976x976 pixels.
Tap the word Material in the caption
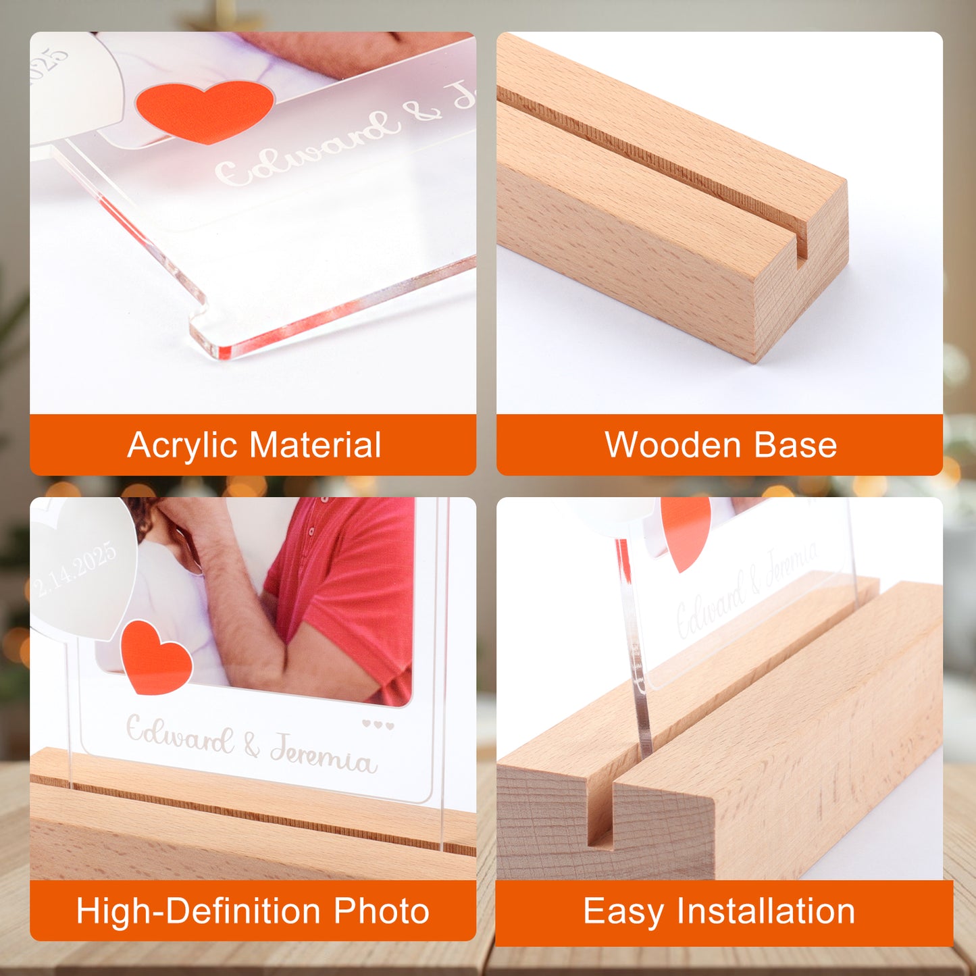[315, 445]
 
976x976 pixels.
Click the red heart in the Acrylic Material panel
[204, 109]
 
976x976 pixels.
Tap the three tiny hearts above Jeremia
[378, 725]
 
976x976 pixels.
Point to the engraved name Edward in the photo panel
[180, 735]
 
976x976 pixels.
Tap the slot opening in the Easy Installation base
[600, 811]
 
